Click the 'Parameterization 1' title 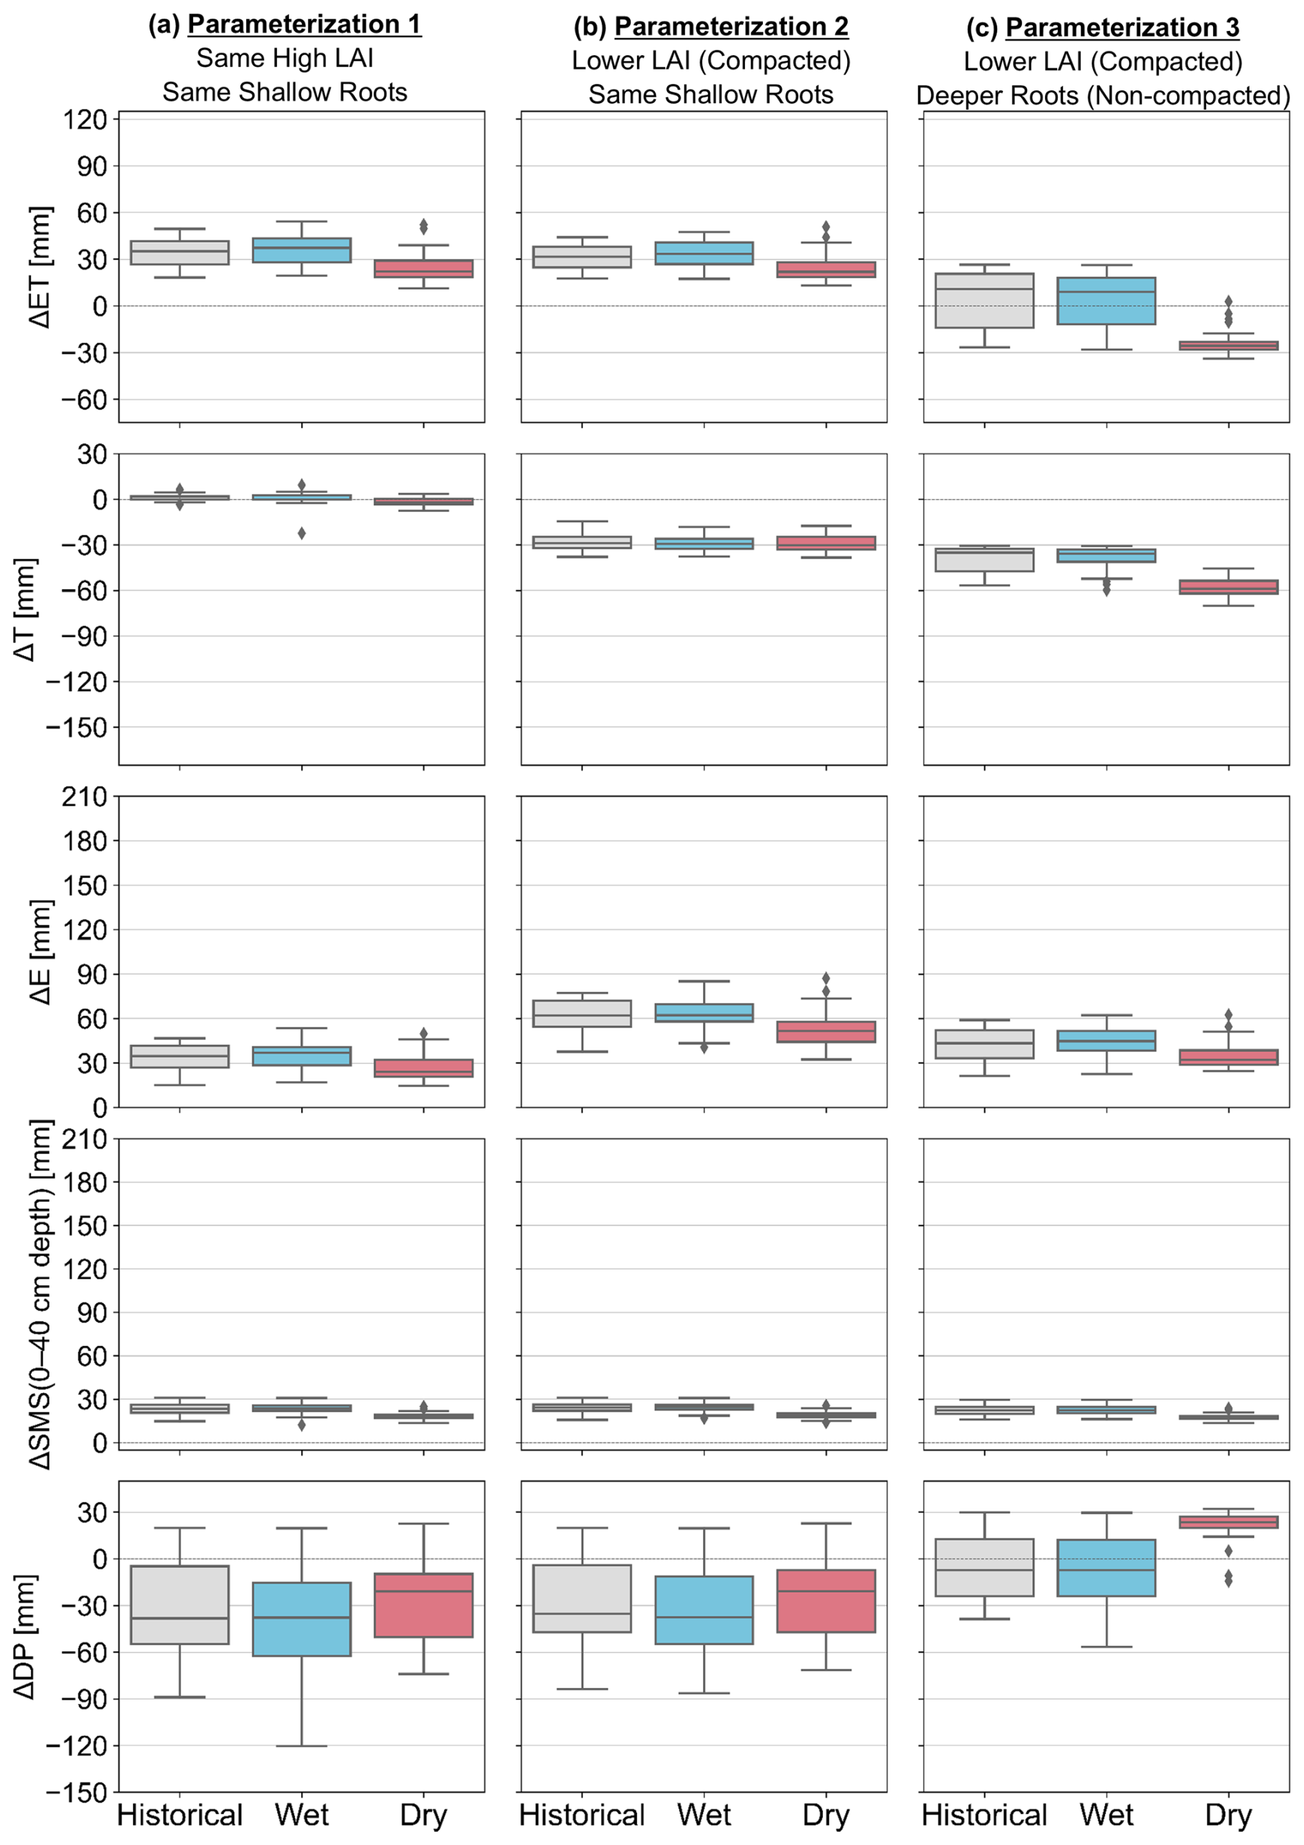pos(304,24)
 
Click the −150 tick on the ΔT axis pos(77,727)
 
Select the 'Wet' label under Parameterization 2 pos(704,1815)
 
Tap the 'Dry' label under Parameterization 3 pos(1227,1815)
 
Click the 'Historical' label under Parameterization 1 pos(179,1815)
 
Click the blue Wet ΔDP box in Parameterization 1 pos(301,1619)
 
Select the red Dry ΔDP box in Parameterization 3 pos(1227,1522)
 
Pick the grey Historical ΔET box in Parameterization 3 pos(984,300)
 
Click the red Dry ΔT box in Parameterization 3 pos(1227,587)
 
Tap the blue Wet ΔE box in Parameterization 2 pos(704,1012)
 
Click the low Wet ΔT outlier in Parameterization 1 pos(301,533)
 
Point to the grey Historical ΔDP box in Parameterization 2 pos(582,1598)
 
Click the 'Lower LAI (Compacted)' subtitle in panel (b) pos(711,61)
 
